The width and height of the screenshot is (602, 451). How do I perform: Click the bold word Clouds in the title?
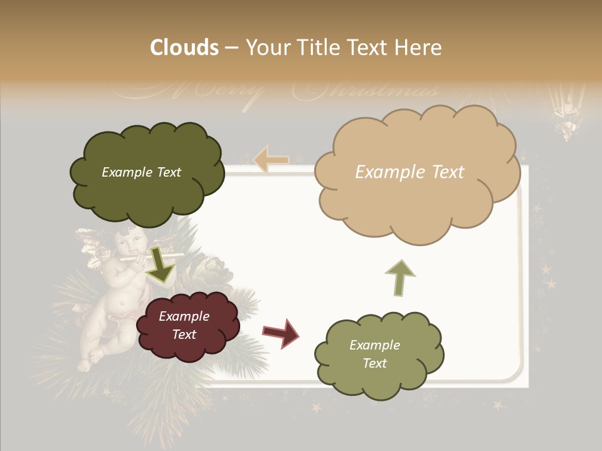click(x=184, y=48)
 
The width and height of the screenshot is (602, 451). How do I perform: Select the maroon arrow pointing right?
click(x=282, y=332)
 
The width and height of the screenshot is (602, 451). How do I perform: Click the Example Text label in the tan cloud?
click(x=409, y=172)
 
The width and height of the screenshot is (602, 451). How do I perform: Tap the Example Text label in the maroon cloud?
click(x=184, y=325)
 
